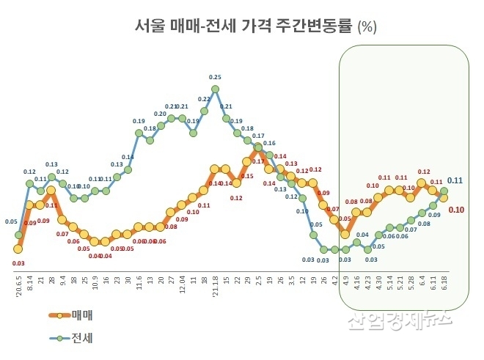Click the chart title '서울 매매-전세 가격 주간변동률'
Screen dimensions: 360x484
tap(243, 27)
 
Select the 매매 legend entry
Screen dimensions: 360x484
tap(82, 316)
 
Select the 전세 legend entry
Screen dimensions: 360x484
tap(82, 338)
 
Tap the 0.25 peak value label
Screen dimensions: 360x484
tap(215, 77)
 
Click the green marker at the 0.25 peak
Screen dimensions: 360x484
tap(215, 89)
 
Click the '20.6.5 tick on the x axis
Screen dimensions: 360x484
tap(18, 282)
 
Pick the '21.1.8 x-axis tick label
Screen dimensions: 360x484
tap(215, 282)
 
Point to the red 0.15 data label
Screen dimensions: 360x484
tap(247, 176)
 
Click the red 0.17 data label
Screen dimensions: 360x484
tap(258, 161)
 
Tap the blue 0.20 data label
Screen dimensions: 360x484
tap(161, 114)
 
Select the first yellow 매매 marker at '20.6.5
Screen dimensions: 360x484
tap(18, 249)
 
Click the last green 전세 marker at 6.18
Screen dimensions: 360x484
tap(444, 190)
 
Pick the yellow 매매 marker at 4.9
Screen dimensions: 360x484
tap(345, 234)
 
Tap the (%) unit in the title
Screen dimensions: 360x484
tap(367, 28)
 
